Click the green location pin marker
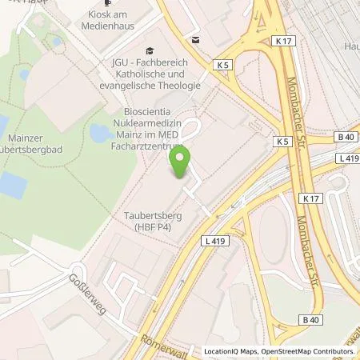click(180, 161)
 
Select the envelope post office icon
click(194, 38)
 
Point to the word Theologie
click(179, 84)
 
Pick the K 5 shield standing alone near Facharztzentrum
click(281, 141)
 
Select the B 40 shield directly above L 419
click(345, 137)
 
